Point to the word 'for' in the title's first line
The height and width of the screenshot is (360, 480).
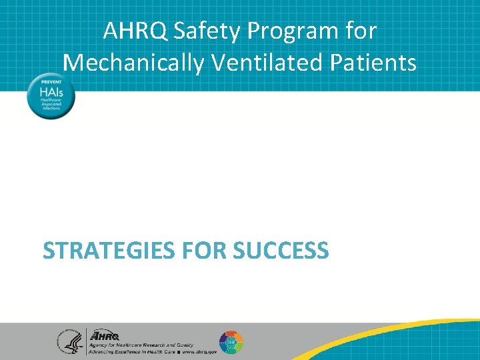[x=361, y=31]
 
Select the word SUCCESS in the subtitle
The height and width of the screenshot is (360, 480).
[x=281, y=251]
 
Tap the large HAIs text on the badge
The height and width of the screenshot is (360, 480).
[x=51, y=91]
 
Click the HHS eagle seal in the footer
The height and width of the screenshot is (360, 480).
[x=69, y=342]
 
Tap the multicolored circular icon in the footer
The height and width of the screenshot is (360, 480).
[x=231, y=343]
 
